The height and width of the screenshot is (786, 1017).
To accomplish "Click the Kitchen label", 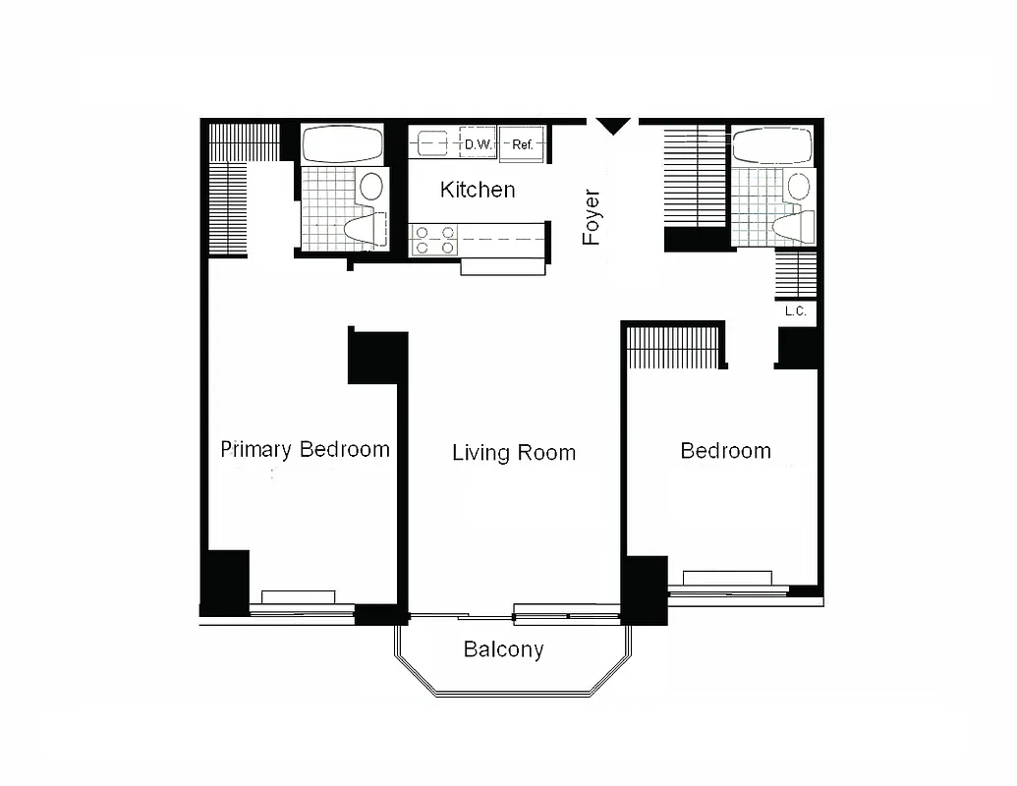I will (478, 190).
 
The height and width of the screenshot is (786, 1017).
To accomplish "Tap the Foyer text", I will (592, 217).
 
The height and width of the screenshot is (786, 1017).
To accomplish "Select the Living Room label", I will (514, 453).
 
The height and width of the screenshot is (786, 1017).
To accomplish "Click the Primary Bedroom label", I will (305, 450).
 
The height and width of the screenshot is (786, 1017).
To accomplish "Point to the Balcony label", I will (503, 649).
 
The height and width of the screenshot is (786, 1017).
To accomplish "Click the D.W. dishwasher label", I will (478, 145).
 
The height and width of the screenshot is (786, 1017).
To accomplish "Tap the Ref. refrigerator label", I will (523, 145).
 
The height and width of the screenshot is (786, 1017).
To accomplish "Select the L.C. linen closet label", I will (796, 311).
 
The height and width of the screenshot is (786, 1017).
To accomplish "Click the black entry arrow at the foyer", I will (613, 126).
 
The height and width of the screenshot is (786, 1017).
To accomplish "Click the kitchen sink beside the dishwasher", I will (433, 144).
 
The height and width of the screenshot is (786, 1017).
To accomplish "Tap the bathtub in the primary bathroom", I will (342, 145).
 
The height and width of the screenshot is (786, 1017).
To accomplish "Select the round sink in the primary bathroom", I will (371, 186).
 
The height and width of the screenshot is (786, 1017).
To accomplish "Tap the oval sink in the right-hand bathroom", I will (800, 185).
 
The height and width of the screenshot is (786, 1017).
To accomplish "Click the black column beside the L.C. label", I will (798, 347).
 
